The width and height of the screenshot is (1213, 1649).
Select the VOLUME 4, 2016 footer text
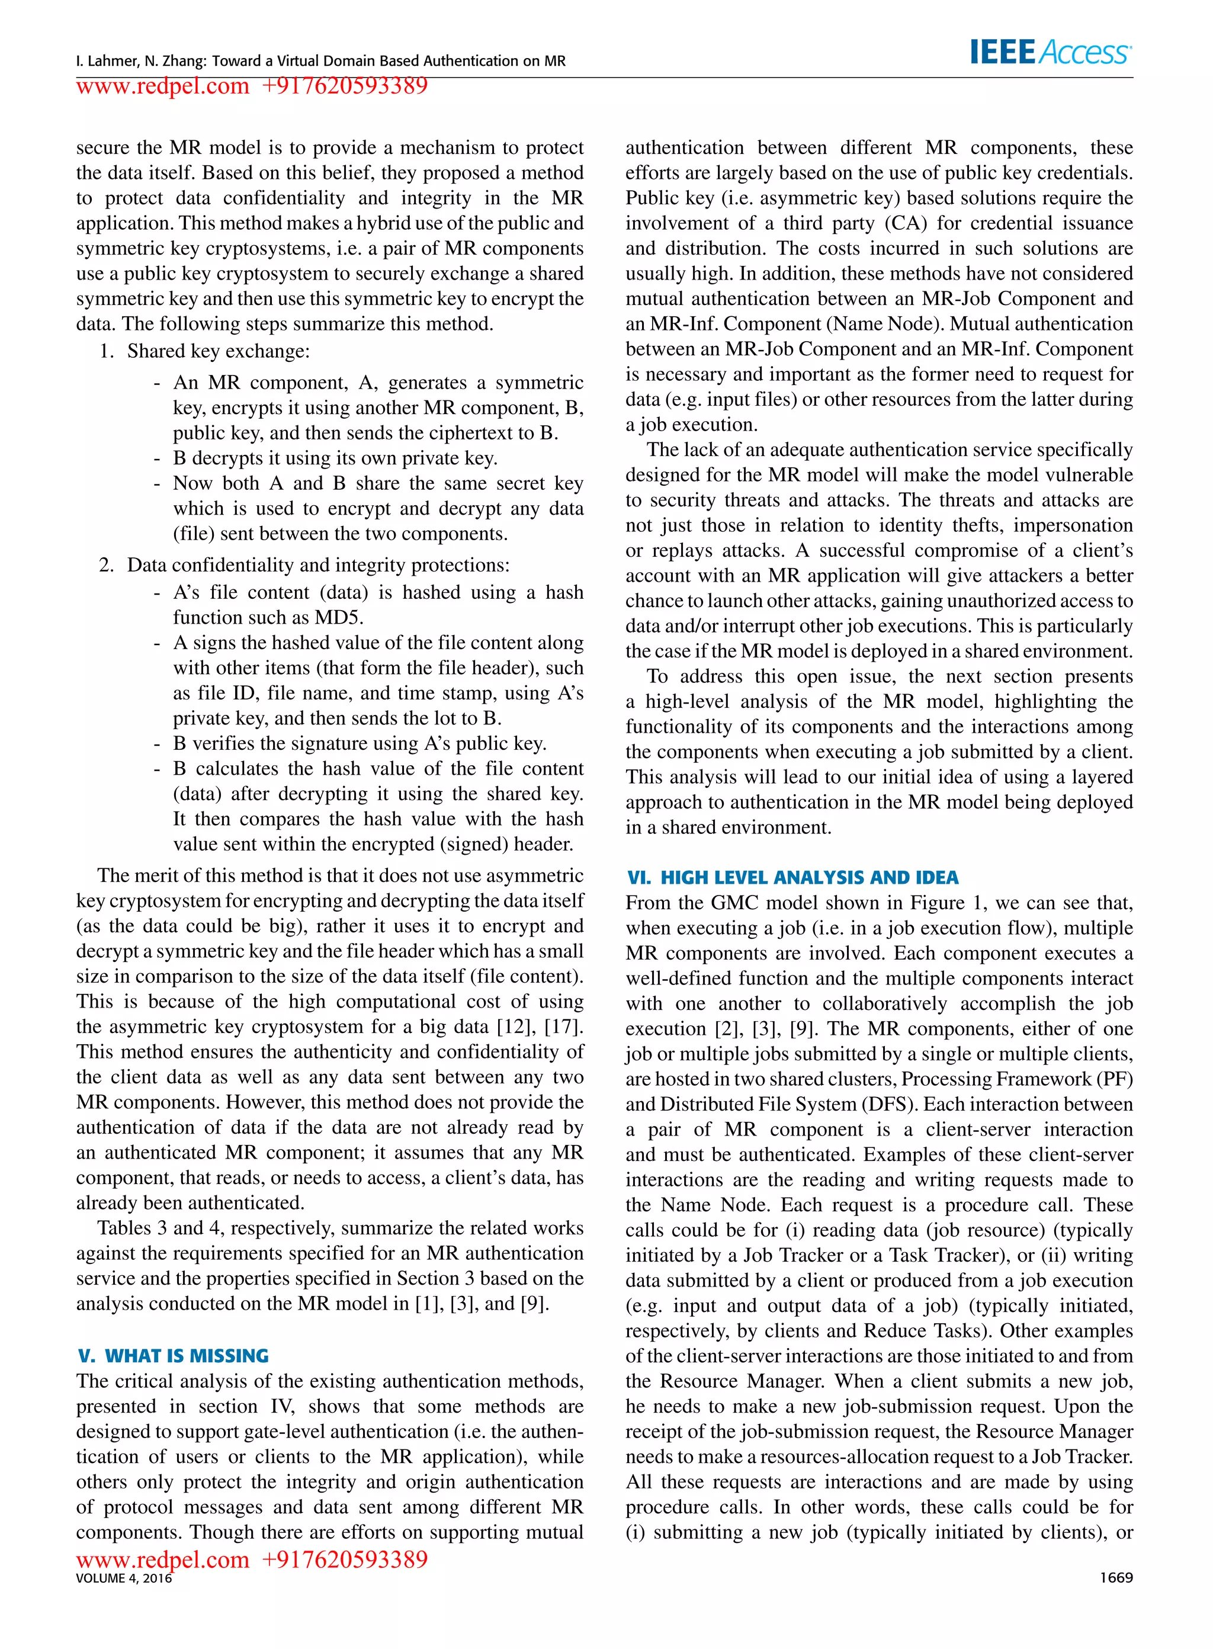pos(123,1578)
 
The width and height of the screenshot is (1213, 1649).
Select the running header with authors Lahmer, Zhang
pos(320,61)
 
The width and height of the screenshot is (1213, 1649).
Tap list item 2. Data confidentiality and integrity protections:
pos(304,564)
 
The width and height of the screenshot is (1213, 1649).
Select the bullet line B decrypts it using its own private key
pos(335,458)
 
